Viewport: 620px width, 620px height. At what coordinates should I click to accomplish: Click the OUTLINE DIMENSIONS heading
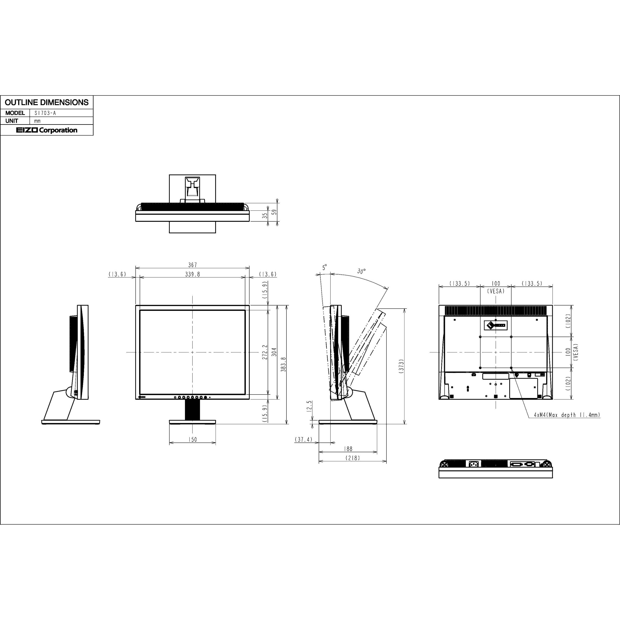[x=46, y=102]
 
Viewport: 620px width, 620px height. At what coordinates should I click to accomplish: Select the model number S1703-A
[x=45, y=113]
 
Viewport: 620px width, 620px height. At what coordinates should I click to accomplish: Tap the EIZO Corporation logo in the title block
[x=47, y=130]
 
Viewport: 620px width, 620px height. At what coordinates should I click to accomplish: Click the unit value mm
[x=38, y=121]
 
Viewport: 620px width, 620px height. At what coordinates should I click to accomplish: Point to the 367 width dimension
[x=193, y=265]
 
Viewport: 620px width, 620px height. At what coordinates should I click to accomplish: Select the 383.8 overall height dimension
[x=283, y=364]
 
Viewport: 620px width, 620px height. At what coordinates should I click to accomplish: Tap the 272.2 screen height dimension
[x=265, y=352]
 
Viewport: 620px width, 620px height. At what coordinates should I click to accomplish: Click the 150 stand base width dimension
[x=193, y=439]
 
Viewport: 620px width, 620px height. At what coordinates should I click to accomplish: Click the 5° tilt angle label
[x=324, y=267]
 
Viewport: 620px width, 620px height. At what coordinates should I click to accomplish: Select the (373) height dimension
[x=401, y=366]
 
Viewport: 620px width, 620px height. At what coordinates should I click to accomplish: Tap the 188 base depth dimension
[x=348, y=449]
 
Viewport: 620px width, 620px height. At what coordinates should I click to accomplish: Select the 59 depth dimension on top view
[x=274, y=212]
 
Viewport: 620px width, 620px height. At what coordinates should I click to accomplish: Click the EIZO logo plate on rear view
[x=496, y=325]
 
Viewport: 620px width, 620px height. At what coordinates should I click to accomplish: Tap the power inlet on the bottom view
[x=474, y=464]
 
